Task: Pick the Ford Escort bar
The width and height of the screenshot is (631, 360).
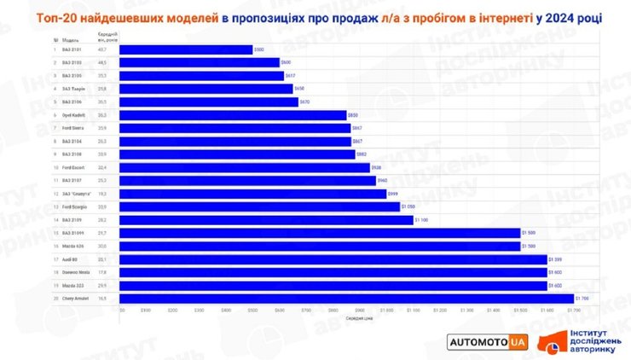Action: [244, 167]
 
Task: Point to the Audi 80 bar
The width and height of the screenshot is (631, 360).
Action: [333, 259]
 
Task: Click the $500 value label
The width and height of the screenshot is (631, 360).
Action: [259, 49]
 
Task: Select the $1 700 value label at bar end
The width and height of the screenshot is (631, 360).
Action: [582, 299]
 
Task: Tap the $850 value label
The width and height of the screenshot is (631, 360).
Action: [353, 114]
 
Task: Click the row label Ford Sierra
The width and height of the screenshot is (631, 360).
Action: [73, 128]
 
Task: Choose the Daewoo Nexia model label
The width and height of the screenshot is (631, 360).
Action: [75, 272]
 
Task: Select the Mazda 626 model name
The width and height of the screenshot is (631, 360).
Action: [72, 246]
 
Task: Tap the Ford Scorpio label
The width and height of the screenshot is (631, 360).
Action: [74, 206]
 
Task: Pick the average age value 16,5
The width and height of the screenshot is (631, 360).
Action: [101, 299]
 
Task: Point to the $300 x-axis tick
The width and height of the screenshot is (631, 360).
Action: [200, 311]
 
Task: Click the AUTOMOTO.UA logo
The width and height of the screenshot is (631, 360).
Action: [489, 341]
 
